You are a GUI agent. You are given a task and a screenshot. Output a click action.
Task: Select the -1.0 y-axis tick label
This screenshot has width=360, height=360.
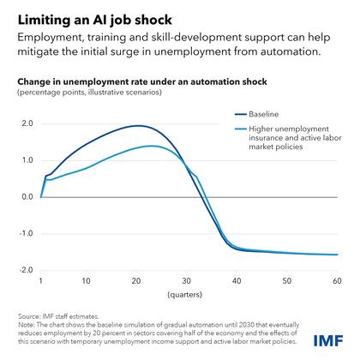(26, 233)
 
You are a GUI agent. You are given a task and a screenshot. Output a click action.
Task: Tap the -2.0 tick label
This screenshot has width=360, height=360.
(26, 270)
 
